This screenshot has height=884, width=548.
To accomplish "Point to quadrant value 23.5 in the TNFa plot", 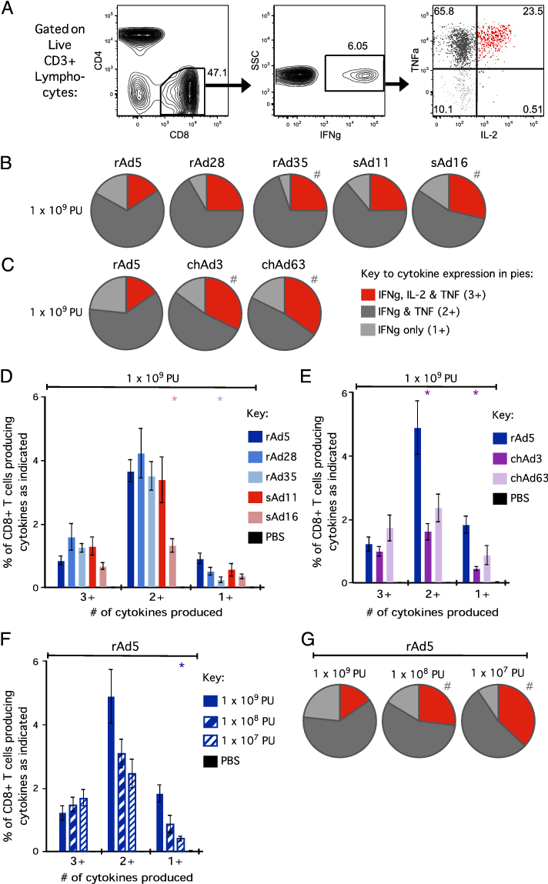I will click(527, 12).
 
